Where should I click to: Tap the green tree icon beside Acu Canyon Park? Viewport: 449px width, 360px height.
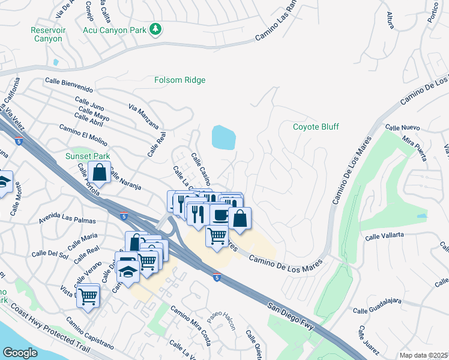pos(155,29)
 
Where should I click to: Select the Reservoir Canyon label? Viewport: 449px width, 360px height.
pos(47,34)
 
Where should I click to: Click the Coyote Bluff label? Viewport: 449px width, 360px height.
pos(316,127)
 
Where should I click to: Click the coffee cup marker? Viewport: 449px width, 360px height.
pos(220,214)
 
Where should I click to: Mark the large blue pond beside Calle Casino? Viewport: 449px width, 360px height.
pos(223,137)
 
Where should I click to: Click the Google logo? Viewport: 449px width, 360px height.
pos(20,353)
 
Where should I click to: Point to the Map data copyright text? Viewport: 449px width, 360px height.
pos(423,355)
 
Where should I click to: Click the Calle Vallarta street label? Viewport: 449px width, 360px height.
pos(387,236)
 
